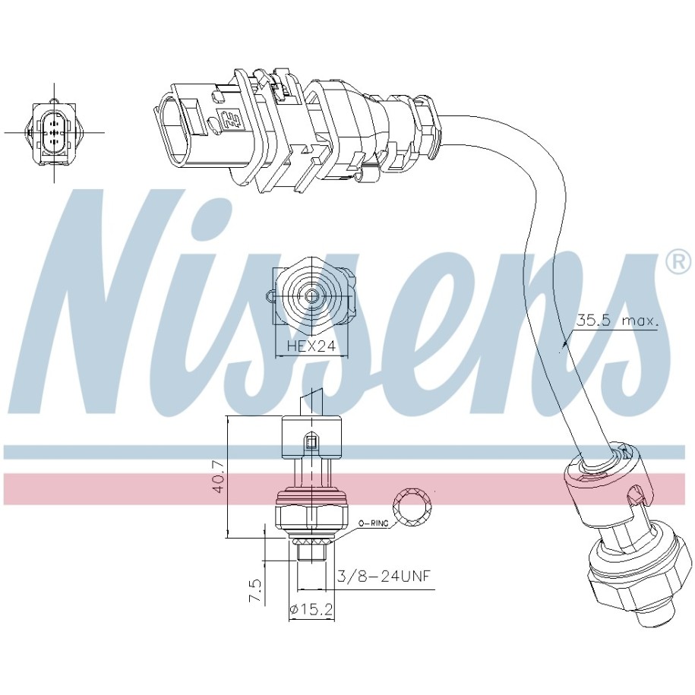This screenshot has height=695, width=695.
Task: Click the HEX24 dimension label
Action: (x=311, y=346)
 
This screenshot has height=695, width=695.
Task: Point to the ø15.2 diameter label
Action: (x=311, y=610)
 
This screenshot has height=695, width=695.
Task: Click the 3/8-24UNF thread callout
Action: (x=384, y=576)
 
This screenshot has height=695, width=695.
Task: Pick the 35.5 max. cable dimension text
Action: (x=617, y=321)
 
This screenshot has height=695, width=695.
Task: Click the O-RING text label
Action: (x=373, y=523)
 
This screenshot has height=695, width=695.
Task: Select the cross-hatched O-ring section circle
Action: (x=413, y=507)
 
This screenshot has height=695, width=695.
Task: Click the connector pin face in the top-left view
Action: (x=54, y=132)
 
